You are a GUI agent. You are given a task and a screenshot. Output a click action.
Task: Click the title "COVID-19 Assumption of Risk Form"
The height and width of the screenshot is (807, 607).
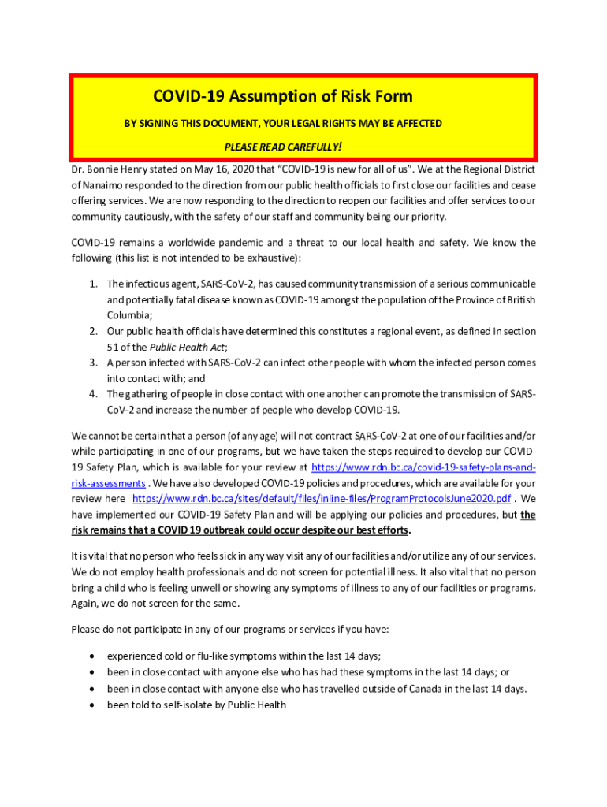pyautogui.click(x=282, y=96)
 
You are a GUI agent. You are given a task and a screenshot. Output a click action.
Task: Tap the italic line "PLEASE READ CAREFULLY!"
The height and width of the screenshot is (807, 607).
pyautogui.click(x=282, y=147)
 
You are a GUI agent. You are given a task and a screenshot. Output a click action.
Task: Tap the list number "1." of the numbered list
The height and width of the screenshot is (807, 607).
pyautogui.click(x=93, y=284)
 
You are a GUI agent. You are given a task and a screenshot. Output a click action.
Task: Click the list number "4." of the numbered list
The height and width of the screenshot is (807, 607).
pyautogui.click(x=93, y=394)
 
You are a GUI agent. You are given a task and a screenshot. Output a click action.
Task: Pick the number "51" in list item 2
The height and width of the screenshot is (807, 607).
pyautogui.click(x=114, y=347)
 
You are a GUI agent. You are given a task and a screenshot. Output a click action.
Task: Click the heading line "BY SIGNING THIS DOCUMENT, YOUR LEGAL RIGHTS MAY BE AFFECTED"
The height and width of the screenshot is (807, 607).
pyautogui.click(x=284, y=123)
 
